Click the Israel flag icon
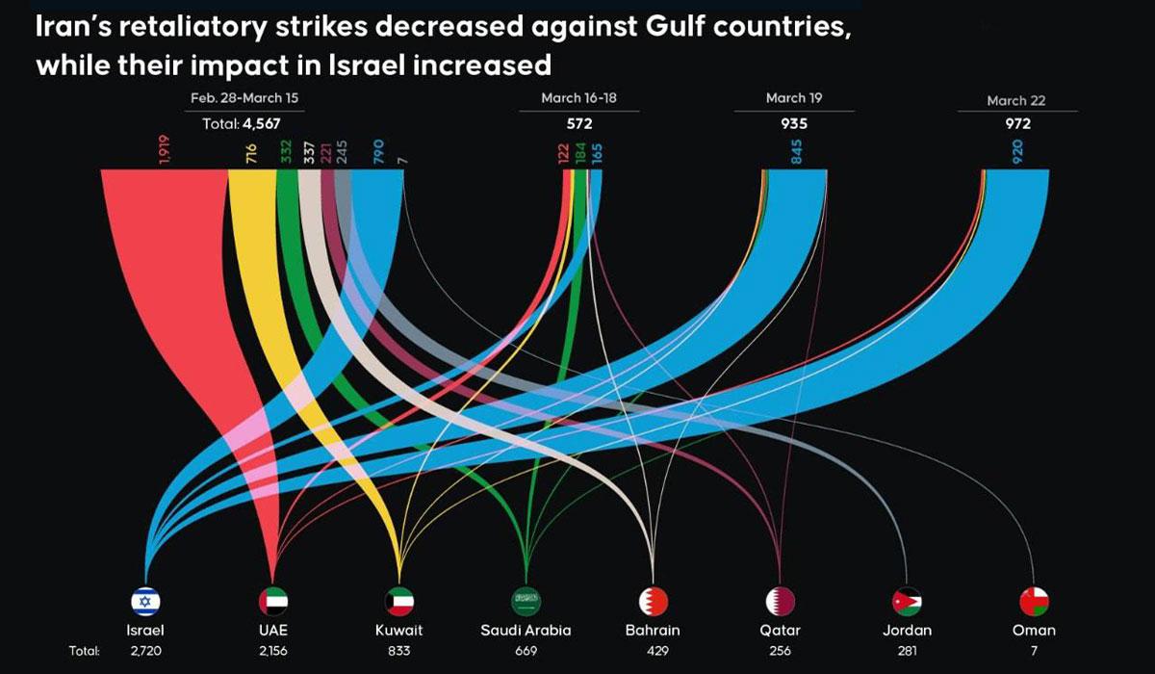145,602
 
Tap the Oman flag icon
1034,602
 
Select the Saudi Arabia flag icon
526,602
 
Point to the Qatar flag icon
780,602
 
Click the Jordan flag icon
907,602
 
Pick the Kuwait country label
398,631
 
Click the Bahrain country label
653,631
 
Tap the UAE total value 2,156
273,652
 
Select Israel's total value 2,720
145,652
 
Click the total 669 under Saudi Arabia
526,652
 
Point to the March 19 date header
793,98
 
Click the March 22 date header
1015,100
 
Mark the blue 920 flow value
1017,152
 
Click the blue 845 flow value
796,152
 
